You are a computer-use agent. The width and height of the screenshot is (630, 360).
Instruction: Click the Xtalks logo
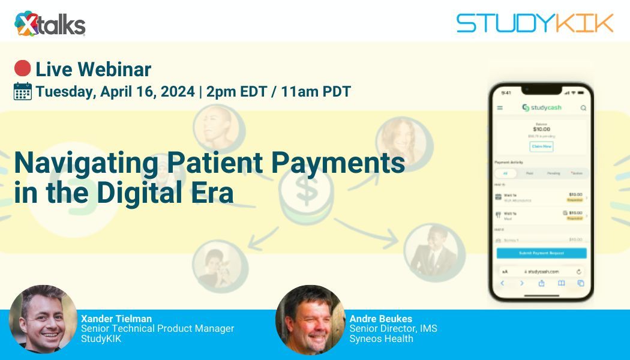[x=50, y=23]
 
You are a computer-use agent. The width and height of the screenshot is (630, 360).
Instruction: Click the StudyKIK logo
[x=535, y=23]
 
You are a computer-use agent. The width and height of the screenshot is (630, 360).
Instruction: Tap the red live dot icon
[x=23, y=69]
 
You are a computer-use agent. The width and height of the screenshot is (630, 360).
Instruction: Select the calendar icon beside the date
[x=23, y=91]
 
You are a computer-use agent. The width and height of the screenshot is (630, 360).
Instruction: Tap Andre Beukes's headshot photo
[x=310, y=320]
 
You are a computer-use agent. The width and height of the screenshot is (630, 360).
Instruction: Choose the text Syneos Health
[x=381, y=338]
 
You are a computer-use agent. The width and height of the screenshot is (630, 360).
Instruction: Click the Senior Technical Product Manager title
[x=157, y=328]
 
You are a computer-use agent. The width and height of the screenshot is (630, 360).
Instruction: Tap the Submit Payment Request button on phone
[x=541, y=253]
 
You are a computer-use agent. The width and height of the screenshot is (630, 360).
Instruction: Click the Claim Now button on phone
[x=541, y=146]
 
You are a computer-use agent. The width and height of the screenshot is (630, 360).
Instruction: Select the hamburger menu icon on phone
[x=500, y=108]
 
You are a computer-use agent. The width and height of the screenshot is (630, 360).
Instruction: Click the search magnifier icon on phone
[x=583, y=108]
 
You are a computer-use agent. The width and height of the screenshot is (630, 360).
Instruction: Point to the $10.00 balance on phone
[x=541, y=129]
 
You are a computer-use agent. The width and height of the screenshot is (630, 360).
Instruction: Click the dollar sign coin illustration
[x=306, y=192]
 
